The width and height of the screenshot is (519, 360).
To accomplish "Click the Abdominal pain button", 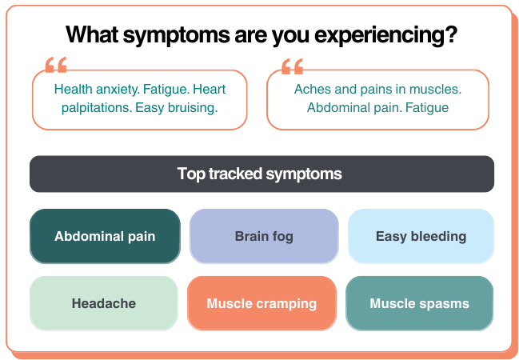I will pyautogui.click(x=105, y=236).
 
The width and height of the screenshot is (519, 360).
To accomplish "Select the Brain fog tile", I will pyautogui.click(x=264, y=236).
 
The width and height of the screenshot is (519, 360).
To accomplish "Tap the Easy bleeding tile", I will pyautogui.click(x=421, y=236).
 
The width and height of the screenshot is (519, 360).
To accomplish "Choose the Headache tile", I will pyautogui.click(x=104, y=303).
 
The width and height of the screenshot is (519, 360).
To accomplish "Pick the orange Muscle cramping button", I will pyautogui.click(x=261, y=303).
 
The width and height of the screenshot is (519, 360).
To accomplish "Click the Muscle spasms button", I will pyautogui.click(x=419, y=303).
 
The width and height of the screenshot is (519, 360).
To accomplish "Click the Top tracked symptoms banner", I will pyautogui.click(x=261, y=174).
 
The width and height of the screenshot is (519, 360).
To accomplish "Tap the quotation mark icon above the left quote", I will pyautogui.click(x=56, y=66).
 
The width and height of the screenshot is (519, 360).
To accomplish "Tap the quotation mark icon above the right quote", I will pyautogui.click(x=293, y=66).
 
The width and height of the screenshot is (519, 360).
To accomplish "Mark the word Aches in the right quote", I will pyautogui.click(x=311, y=89).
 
